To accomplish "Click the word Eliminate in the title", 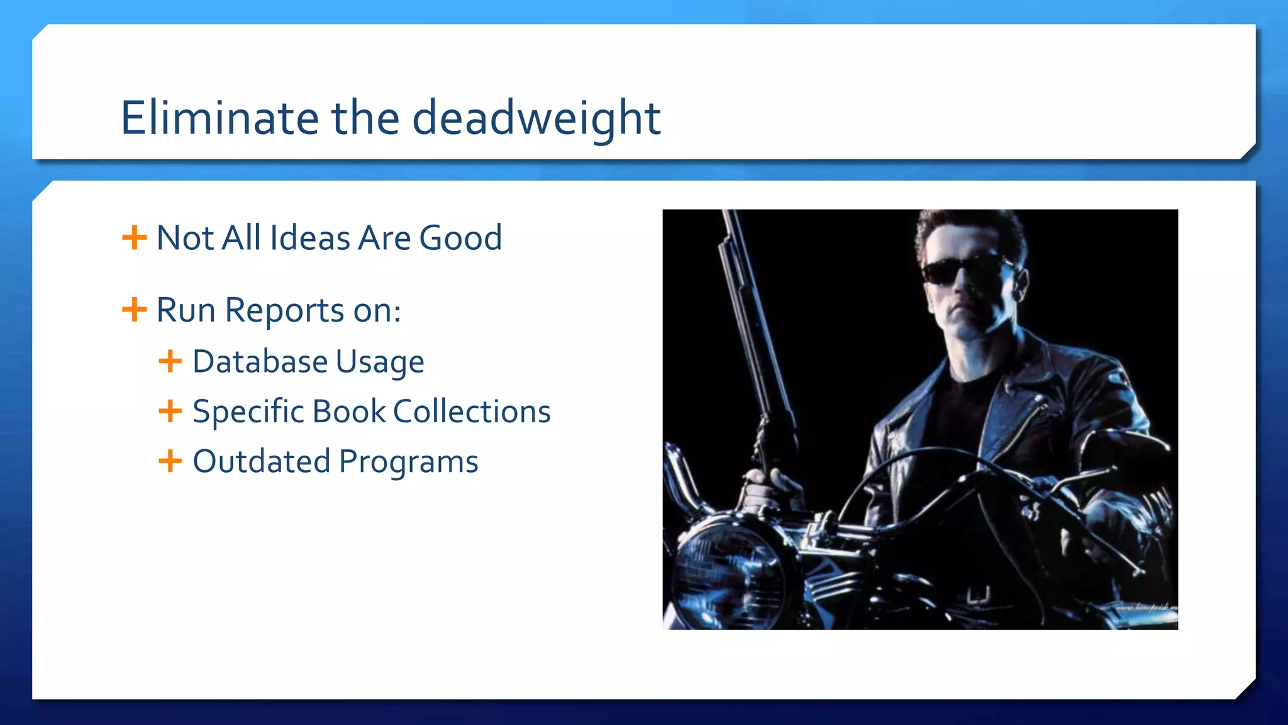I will (x=219, y=118).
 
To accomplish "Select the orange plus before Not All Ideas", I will (x=134, y=238).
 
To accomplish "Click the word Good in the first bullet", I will (x=460, y=238).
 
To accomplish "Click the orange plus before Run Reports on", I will (x=134, y=310).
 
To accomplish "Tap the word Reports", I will (x=284, y=311).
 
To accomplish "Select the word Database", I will (x=260, y=361).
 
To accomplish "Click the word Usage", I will (x=380, y=362).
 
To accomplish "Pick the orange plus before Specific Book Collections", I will (x=170, y=411).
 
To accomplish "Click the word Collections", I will (x=472, y=412).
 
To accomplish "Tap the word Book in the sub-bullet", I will (x=349, y=412).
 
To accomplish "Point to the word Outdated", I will (x=261, y=461).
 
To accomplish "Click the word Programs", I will (x=409, y=463).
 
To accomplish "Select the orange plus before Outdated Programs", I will (x=170, y=461).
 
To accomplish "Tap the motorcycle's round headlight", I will (x=730, y=573).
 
